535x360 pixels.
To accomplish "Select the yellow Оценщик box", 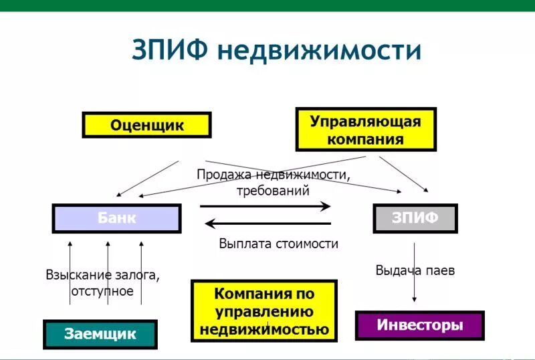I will (x=146, y=125).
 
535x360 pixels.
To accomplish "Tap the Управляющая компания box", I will (x=365, y=130).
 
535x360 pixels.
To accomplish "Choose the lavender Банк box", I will (x=116, y=218).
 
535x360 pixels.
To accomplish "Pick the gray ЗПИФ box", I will (x=415, y=218).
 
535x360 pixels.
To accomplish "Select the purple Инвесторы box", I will (x=419, y=326).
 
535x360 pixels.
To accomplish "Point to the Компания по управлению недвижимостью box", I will (x=263, y=311).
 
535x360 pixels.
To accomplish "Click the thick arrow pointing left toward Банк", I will (x=267, y=223).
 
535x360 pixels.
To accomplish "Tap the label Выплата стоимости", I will (x=278, y=244).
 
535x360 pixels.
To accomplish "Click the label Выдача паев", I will (x=415, y=270).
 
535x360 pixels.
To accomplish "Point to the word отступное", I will (x=102, y=291).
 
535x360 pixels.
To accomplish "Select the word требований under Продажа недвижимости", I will (x=273, y=190).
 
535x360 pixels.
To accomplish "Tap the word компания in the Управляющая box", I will (x=365, y=140).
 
